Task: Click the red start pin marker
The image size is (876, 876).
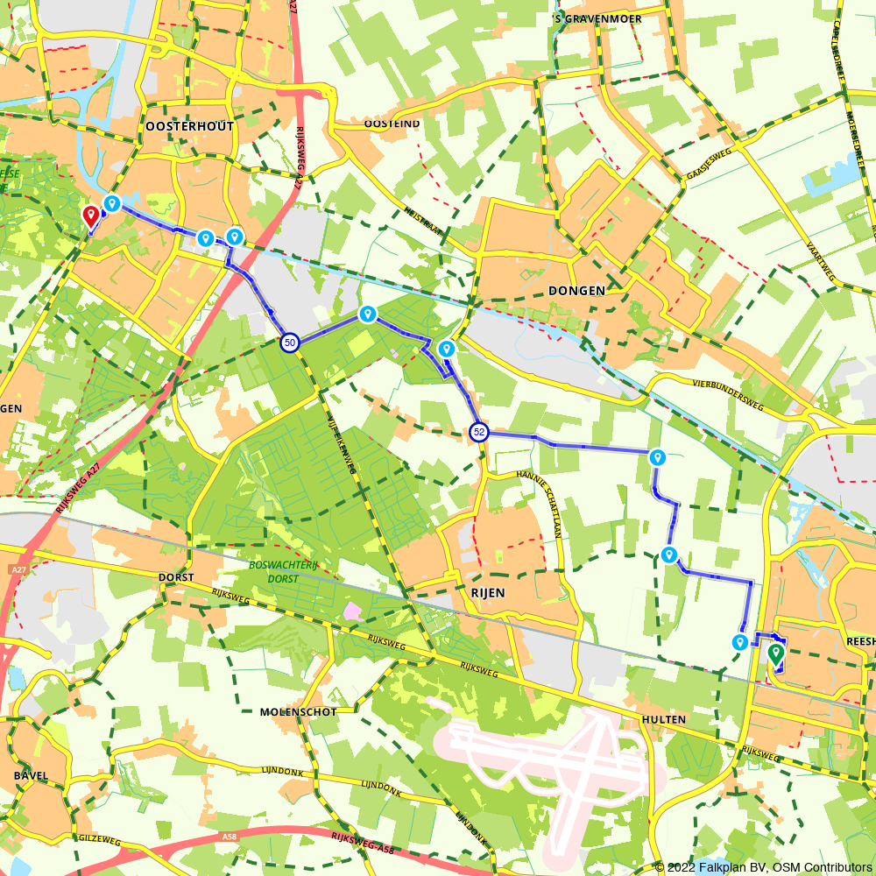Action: coord(89,215)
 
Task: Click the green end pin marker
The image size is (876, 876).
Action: coord(775,653)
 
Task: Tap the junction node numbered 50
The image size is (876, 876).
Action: coord(290,343)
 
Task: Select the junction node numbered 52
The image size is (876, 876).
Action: coord(479,431)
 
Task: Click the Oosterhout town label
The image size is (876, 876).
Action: coord(190,127)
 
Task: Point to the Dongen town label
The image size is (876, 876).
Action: coord(576,291)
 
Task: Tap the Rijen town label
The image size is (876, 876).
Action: coord(488,593)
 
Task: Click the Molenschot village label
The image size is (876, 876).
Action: coord(299,712)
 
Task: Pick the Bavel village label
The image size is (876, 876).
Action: coord(31,776)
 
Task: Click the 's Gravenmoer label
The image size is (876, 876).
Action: coord(598,18)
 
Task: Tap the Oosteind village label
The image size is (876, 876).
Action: coord(392,124)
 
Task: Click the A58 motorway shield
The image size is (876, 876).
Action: coord(230,837)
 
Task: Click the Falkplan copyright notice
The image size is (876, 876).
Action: coord(762,867)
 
